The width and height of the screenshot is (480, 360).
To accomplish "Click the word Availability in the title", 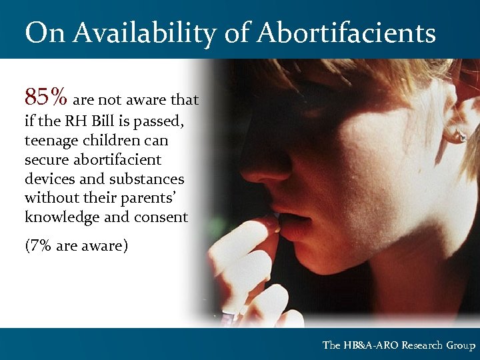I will (x=142, y=33).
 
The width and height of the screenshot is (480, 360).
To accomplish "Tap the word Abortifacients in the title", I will (x=347, y=33).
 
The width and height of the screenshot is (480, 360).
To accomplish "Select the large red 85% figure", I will (x=45, y=97).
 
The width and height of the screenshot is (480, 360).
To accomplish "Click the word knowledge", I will (x=59, y=218).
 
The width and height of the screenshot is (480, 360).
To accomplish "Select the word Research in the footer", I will (x=425, y=345).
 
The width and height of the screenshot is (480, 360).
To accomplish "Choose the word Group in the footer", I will (x=462, y=345).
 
